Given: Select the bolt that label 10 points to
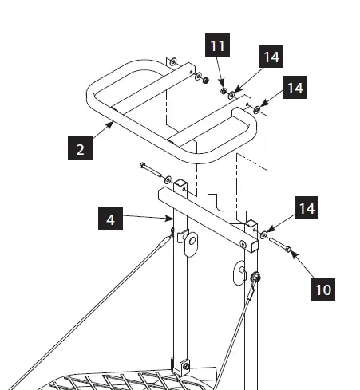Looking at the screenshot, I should (279, 244).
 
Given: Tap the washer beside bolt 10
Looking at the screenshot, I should (263, 236).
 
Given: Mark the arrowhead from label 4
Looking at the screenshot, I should (171, 216).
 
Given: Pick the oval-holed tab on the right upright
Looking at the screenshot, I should (240, 270).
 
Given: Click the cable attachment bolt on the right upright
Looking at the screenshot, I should (257, 278).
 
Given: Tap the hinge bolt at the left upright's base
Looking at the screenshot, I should (184, 368).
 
